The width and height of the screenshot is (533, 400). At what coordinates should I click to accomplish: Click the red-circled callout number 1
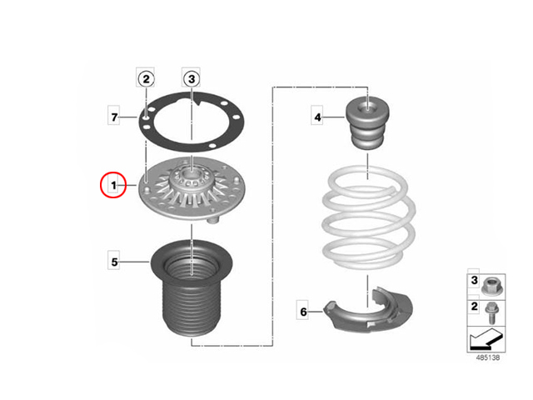[113, 185]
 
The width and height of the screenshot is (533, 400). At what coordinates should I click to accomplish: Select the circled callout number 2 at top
[146, 79]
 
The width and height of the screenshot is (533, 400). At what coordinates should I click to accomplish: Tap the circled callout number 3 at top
[192, 79]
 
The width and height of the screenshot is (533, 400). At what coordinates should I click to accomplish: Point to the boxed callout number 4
[317, 117]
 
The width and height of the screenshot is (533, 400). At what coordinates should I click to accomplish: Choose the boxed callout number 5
[114, 262]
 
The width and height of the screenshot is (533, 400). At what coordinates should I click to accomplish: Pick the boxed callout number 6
[303, 312]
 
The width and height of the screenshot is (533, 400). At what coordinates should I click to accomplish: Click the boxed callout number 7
[114, 117]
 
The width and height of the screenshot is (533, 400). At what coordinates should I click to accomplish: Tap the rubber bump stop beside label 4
[368, 122]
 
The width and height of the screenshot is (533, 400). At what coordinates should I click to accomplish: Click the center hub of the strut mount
[192, 180]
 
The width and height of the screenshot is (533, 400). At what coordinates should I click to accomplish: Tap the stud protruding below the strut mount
[213, 220]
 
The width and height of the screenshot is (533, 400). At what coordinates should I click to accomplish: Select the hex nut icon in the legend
[491, 287]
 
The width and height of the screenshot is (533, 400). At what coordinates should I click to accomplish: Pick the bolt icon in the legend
[491, 313]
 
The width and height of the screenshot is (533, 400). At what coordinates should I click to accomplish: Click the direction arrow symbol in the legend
[486, 339]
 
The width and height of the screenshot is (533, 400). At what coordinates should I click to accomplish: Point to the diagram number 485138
[488, 357]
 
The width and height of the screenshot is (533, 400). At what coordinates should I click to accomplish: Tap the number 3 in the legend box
[474, 280]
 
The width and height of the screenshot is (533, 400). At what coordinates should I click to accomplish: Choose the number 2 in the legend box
[475, 307]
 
